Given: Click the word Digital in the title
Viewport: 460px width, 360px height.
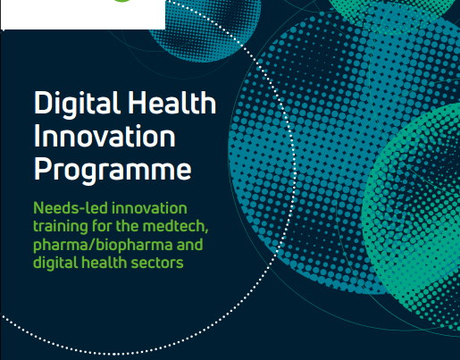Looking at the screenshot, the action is [x=77, y=105].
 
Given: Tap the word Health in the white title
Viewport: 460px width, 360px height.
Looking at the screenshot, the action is [x=172, y=103].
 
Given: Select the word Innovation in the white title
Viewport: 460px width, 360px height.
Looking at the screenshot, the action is [x=105, y=136].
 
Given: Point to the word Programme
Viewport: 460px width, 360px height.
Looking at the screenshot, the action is [x=113, y=171].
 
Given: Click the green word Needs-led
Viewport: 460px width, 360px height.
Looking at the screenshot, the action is [x=70, y=208].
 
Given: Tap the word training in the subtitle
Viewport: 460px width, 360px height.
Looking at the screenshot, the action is [x=61, y=227].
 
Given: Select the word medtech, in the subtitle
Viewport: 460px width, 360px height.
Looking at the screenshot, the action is [x=176, y=227].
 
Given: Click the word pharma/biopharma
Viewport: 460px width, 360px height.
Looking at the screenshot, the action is [x=103, y=246].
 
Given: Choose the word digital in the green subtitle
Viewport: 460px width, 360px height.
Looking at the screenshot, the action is [x=54, y=264].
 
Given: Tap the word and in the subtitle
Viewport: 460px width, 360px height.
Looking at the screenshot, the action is [x=189, y=245].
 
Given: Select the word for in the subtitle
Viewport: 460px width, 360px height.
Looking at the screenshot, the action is [x=102, y=226].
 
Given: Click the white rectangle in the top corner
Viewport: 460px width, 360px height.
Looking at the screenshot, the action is [x=83, y=14].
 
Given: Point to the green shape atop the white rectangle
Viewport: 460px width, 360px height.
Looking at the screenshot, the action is [x=121, y=1].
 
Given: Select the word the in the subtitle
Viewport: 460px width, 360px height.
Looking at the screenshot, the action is [x=127, y=226].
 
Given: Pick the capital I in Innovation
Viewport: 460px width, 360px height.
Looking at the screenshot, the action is [x=37, y=136].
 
